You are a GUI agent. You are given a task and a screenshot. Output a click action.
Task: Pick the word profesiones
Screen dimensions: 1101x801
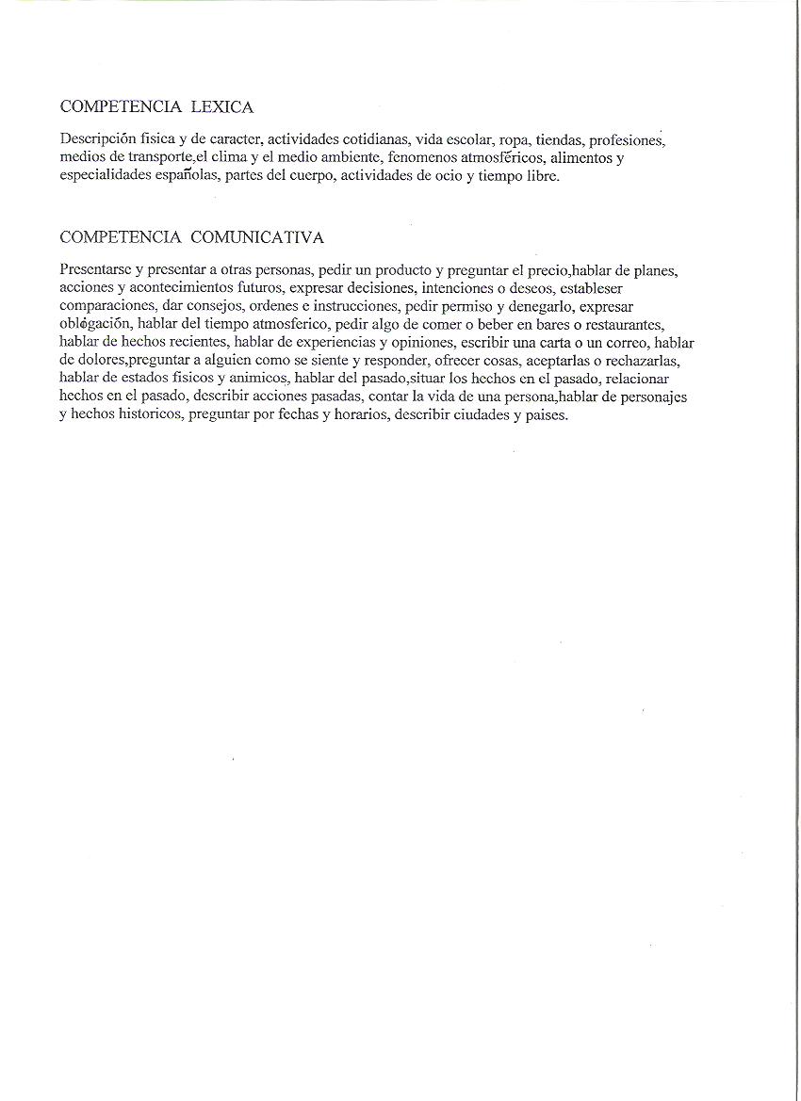[627, 139]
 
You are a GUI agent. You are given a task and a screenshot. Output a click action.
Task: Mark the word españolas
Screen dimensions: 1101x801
[184, 175]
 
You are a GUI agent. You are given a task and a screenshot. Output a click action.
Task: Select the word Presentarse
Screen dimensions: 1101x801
[95, 269]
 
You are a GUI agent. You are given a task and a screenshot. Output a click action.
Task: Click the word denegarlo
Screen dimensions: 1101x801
[533, 306]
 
